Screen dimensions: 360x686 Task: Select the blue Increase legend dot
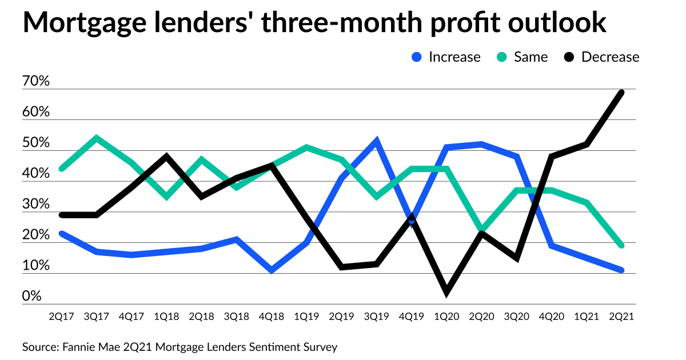coord(417,57)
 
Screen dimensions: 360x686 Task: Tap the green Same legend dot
coord(501,57)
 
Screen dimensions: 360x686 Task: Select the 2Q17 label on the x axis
coord(62,315)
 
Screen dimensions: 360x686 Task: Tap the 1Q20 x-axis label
coord(446,315)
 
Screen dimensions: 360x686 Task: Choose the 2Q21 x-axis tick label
coord(622,315)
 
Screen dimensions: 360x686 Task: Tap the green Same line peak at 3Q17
coord(96,138)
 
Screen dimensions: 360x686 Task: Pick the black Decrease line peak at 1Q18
coord(166,156)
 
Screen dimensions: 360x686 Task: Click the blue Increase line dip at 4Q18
coord(272,270)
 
